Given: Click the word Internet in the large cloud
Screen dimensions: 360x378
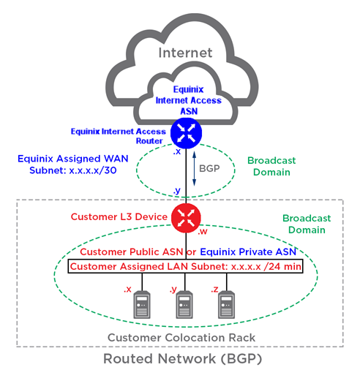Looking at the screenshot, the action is (185, 53).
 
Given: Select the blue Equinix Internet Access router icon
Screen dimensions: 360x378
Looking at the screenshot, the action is (186, 133).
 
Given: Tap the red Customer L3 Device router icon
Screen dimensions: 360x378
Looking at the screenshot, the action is (186, 218).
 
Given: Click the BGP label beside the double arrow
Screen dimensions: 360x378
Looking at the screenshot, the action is (209, 168).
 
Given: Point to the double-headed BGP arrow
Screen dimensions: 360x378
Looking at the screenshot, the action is (195, 169).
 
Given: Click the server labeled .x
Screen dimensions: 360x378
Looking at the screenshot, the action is (142, 305).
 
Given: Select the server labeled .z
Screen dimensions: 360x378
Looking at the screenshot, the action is (227, 305).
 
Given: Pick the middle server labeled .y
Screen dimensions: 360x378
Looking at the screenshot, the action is (184, 305).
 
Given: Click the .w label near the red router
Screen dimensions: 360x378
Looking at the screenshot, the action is (203, 232).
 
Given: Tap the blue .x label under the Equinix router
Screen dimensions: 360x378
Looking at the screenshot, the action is (177, 152).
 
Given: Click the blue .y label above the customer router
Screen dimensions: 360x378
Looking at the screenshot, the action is (177, 190).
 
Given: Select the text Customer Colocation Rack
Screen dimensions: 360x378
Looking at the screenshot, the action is (181, 338).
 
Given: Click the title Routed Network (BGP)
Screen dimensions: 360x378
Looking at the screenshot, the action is (182, 359).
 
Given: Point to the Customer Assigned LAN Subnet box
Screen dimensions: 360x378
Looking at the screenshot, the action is (185, 266).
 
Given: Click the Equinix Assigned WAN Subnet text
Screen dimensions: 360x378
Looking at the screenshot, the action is (73, 165).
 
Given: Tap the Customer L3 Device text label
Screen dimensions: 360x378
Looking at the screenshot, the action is (119, 217).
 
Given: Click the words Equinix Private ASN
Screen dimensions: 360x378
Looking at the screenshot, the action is (248, 252).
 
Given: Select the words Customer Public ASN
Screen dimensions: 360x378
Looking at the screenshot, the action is (132, 252).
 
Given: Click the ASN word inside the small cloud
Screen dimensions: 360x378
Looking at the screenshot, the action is (189, 111).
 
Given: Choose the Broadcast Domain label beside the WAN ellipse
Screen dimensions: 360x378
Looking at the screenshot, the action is (271, 167).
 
